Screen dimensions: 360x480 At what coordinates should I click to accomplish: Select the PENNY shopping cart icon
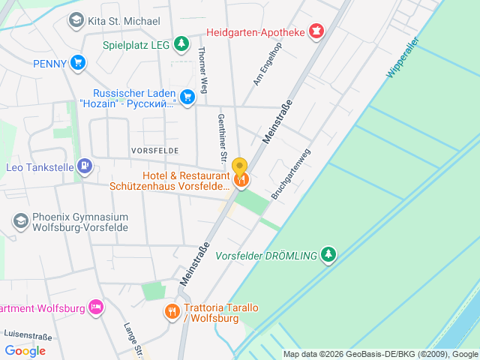point(77,63)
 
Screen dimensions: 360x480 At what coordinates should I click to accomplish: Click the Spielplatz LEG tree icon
point(181,44)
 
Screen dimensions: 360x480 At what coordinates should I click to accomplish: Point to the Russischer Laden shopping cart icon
point(187,96)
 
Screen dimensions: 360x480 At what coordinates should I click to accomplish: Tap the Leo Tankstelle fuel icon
point(85,166)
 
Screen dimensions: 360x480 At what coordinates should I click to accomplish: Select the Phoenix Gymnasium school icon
point(20,220)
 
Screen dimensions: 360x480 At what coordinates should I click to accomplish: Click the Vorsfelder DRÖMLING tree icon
point(328,255)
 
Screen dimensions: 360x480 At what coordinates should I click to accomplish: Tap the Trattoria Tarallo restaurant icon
point(172,311)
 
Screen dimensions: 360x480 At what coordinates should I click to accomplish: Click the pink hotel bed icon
point(95,307)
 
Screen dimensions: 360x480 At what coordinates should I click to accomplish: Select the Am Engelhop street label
point(267,64)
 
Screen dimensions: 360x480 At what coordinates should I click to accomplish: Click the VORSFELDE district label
point(154,150)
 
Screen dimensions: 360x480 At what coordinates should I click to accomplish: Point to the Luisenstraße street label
point(25,332)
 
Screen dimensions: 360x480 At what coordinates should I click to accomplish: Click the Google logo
point(25,350)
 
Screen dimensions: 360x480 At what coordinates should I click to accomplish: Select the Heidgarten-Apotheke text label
point(255,32)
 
